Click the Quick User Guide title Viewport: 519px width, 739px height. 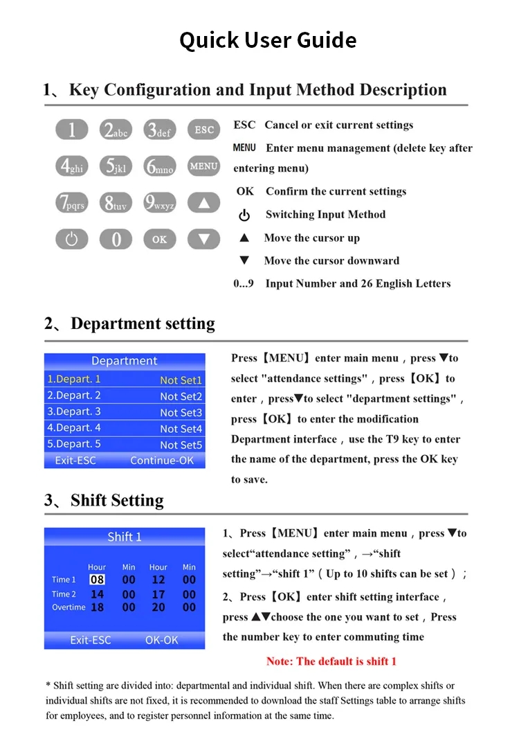click(x=268, y=40)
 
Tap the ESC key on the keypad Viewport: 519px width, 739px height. click(x=203, y=130)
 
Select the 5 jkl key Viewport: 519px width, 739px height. click(x=116, y=166)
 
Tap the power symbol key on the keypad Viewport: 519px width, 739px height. click(x=72, y=240)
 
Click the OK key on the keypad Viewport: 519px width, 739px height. click(x=160, y=240)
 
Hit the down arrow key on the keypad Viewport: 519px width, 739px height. click(x=203, y=240)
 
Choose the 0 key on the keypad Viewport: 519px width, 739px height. click(x=116, y=240)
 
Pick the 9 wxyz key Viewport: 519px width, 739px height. click(x=160, y=203)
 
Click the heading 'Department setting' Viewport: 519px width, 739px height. click(x=143, y=323)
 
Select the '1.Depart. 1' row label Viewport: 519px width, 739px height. click(x=74, y=379)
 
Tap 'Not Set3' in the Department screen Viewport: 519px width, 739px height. click(x=181, y=412)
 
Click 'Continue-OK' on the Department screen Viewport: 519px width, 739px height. click(x=162, y=461)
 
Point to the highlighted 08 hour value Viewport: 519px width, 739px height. click(x=97, y=580)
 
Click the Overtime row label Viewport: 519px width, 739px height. click(x=69, y=607)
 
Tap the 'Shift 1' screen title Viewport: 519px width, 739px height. click(x=125, y=537)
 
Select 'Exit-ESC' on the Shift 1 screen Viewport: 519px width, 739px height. click(x=90, y=640)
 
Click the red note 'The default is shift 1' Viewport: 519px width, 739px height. click(x=331, y=661)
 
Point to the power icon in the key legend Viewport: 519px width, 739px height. click(x=244, y=215)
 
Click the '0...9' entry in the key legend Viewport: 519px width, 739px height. click(x=244, y=283)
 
